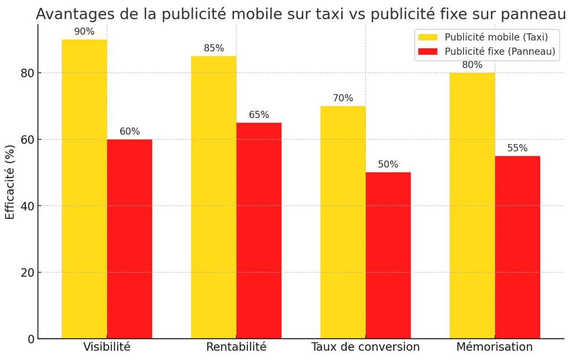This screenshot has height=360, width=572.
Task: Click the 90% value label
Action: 84,32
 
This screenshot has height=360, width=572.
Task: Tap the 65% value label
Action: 259,115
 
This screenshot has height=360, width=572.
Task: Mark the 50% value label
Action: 388,165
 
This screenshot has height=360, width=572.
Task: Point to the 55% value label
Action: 517,148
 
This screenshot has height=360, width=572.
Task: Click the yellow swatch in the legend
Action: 428,37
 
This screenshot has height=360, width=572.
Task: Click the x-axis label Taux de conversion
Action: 365,347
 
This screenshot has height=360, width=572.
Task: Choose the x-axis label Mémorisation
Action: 494,347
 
